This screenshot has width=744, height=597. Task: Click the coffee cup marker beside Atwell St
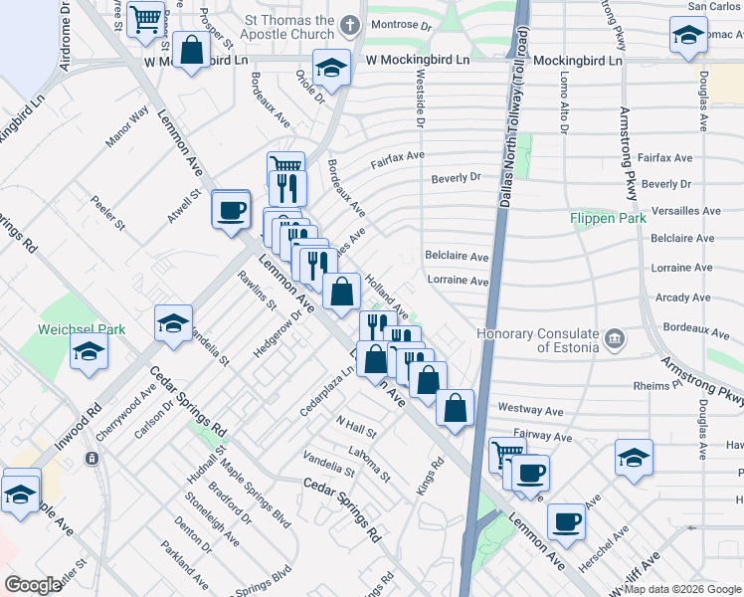pos(232,210)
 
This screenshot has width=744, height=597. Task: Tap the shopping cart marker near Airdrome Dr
pos(146,17)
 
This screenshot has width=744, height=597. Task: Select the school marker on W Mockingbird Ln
pos(331,68)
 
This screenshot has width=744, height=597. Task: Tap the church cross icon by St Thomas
pos(349,24)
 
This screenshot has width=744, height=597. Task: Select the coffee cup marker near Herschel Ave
pos(567,520)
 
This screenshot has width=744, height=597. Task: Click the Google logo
pos(34,585)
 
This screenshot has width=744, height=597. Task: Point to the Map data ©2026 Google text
pos(682,589)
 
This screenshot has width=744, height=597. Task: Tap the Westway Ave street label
pos(520,409)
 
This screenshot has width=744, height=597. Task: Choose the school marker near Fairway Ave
pos(634,459)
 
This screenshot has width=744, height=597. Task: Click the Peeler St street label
pos(108,212)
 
